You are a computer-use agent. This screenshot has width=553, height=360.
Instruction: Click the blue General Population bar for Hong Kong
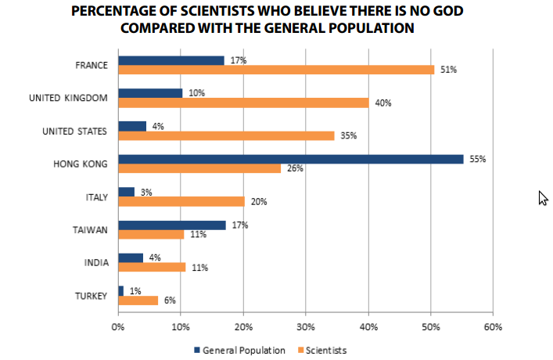click(290, 159)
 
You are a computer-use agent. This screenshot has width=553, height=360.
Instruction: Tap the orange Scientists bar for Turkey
click(138, 300)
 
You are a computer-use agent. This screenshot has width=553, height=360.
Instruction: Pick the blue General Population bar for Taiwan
click(171, 225)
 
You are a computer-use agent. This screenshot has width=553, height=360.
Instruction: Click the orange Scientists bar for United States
click(226, 135)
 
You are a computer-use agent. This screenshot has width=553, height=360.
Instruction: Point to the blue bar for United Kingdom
click(149, 93)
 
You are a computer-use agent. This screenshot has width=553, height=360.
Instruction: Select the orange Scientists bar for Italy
click(181, 201)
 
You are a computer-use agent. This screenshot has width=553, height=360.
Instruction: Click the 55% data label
click(477, 159)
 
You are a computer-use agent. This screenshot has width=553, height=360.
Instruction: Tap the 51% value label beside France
click(447, 70)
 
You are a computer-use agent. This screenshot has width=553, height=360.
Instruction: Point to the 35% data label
click(349, 135)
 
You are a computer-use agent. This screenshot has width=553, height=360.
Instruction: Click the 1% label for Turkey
click(135, 290)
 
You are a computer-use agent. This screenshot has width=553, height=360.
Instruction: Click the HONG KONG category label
click(80, 164)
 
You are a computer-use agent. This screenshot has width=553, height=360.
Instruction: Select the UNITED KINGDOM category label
click(67, 98)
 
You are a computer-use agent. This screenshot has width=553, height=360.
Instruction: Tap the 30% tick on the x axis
click(305, 327)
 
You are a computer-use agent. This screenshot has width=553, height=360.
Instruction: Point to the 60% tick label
click(493, 327)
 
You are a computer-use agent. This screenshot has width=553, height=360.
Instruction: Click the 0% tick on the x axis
click(118, 327)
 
